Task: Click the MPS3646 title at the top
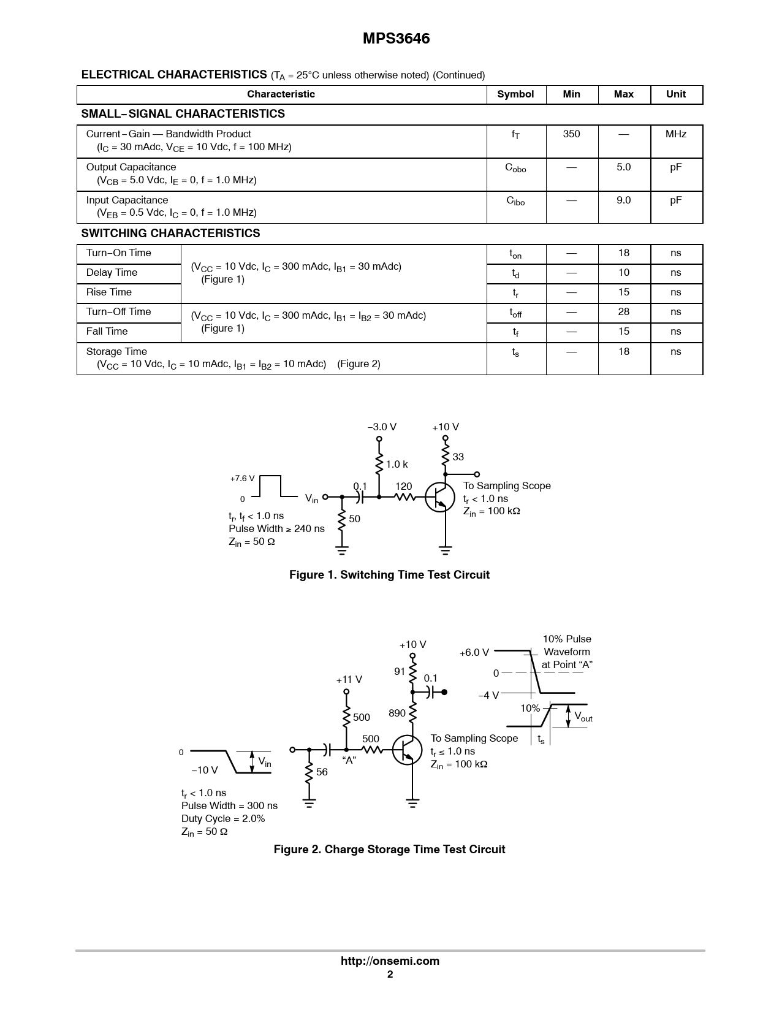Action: coord(396,39)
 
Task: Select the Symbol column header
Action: coord(515,94)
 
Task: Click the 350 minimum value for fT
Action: coord(571,134)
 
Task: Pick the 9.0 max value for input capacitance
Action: coord(623,200)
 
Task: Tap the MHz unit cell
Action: coord(675,134)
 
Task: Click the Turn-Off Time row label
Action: coord(118,312)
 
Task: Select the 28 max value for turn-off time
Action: coord(623,312)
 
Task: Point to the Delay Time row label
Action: coord(112,273)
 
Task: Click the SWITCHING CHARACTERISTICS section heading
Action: coord(170,234)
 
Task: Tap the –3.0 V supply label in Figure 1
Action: coord(382,427)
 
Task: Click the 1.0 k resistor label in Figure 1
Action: coord(397,465)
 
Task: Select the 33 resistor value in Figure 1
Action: coord(458,457)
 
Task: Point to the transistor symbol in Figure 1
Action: coord(440,497)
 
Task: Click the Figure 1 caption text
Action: coord(389,575)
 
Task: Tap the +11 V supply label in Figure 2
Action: coord(349,680)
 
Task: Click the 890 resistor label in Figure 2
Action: coord(397,713)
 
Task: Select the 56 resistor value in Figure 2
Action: coord(322,772)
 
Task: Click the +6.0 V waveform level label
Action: coord(474,653)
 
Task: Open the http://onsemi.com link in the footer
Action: coord(390,961)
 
